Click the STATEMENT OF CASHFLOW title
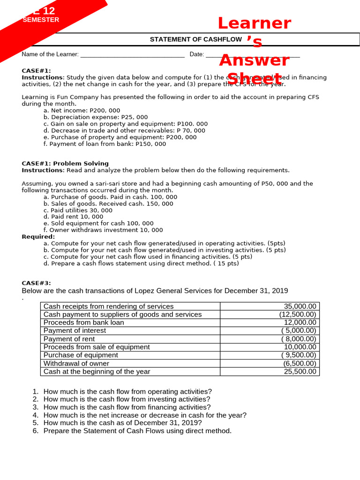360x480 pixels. point(195,39)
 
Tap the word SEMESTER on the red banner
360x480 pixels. point(41,20)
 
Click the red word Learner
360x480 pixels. point(254,23)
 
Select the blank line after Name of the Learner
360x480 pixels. point(132,55)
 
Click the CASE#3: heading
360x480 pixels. point(36,283)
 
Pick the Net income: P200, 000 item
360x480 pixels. point(82,111)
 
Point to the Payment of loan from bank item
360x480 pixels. point(105,144)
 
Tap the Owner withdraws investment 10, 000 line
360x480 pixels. point(103,230)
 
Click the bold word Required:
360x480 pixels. point(38,237)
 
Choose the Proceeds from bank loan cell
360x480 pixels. point(83,322)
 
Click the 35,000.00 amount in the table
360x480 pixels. point(300,306)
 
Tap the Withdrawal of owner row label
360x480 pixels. point(76,363)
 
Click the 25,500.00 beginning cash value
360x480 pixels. point(300,371)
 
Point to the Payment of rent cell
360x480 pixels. point(69,339)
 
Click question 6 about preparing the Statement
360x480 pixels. point(137,431)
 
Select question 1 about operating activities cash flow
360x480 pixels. point(127,391)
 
